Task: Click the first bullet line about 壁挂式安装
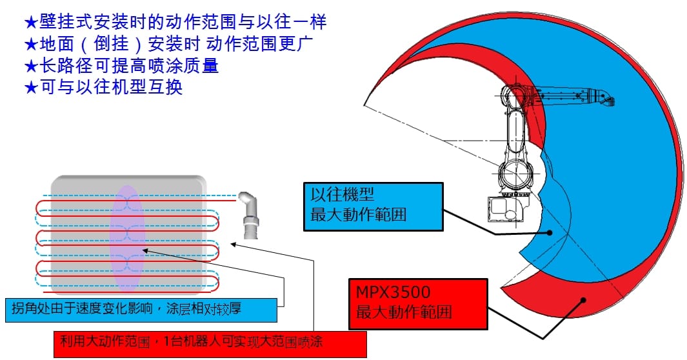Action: point(175,22)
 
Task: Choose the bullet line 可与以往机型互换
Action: point(103,86)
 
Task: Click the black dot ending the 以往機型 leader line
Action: point(550,234)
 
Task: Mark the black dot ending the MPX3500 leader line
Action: point(583,299)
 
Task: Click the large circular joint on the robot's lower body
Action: point(515,174)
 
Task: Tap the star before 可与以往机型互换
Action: point(31,87)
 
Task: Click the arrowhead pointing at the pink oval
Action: point(144,250)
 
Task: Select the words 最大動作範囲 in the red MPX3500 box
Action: point(404,312)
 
